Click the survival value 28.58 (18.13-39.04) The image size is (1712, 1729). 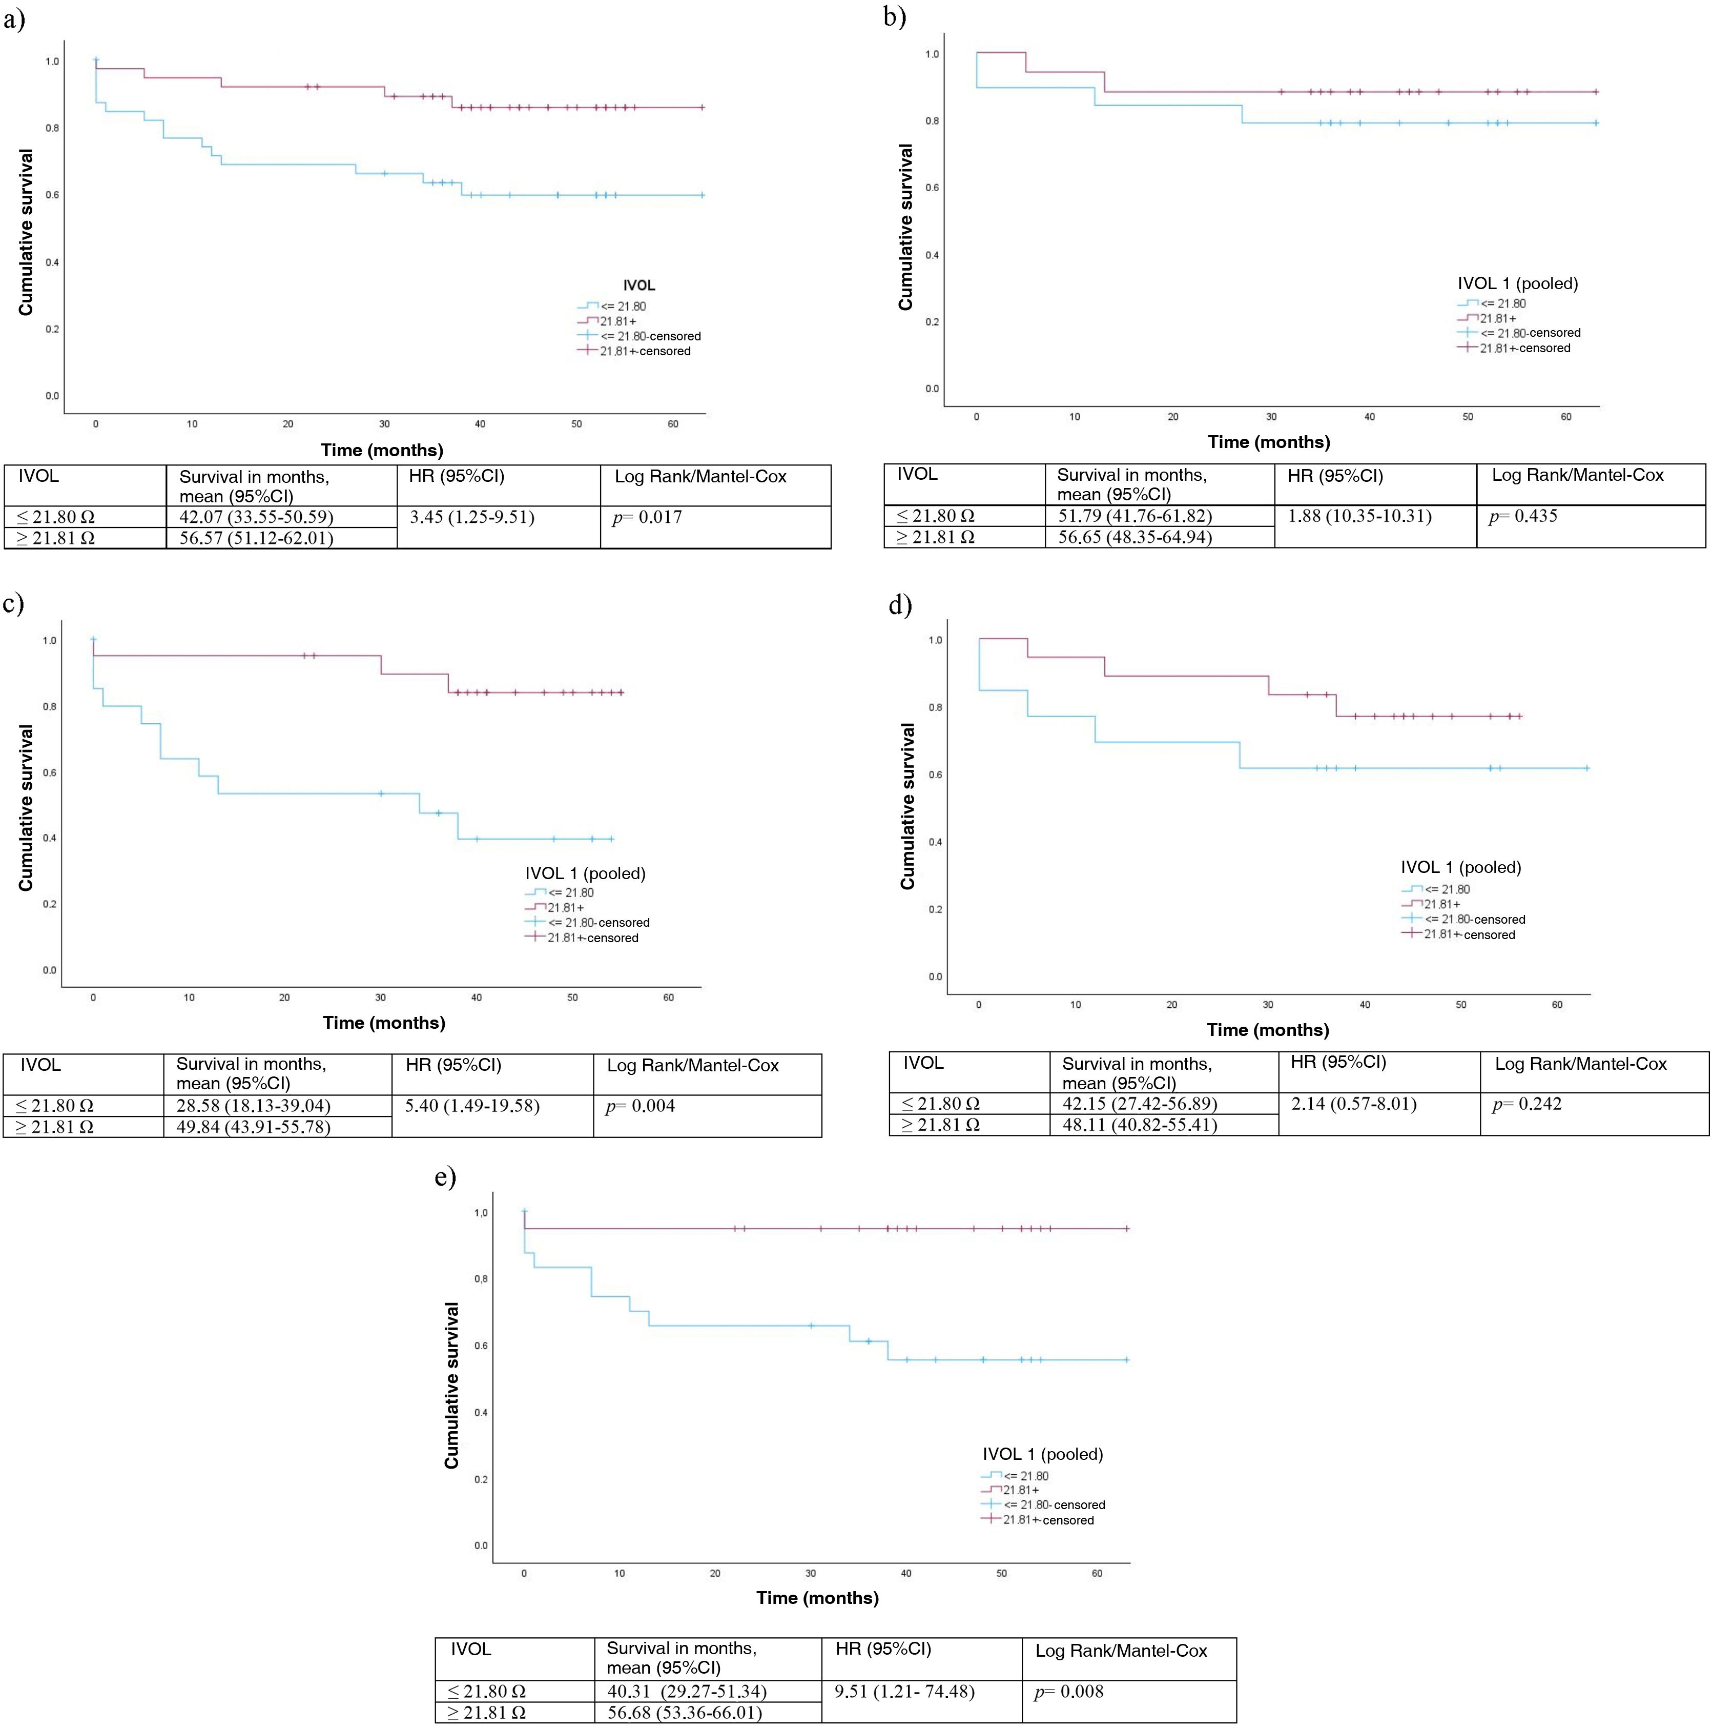point(253,1106)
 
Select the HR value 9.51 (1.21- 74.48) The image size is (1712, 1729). point(904,1692)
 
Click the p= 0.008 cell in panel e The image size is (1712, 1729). point(1069,1692)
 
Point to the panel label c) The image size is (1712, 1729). point(13,604)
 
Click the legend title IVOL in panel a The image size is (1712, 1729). point(638,286)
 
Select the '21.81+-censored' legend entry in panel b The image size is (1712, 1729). point(1524,348)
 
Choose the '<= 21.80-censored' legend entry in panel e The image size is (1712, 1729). point(1054,1506)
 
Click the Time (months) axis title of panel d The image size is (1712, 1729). point(1267,1030)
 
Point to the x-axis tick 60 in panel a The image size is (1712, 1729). point(673,424)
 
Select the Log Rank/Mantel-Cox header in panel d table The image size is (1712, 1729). point(1580,1064)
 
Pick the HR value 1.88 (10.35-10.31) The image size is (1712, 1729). point(1359,516)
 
